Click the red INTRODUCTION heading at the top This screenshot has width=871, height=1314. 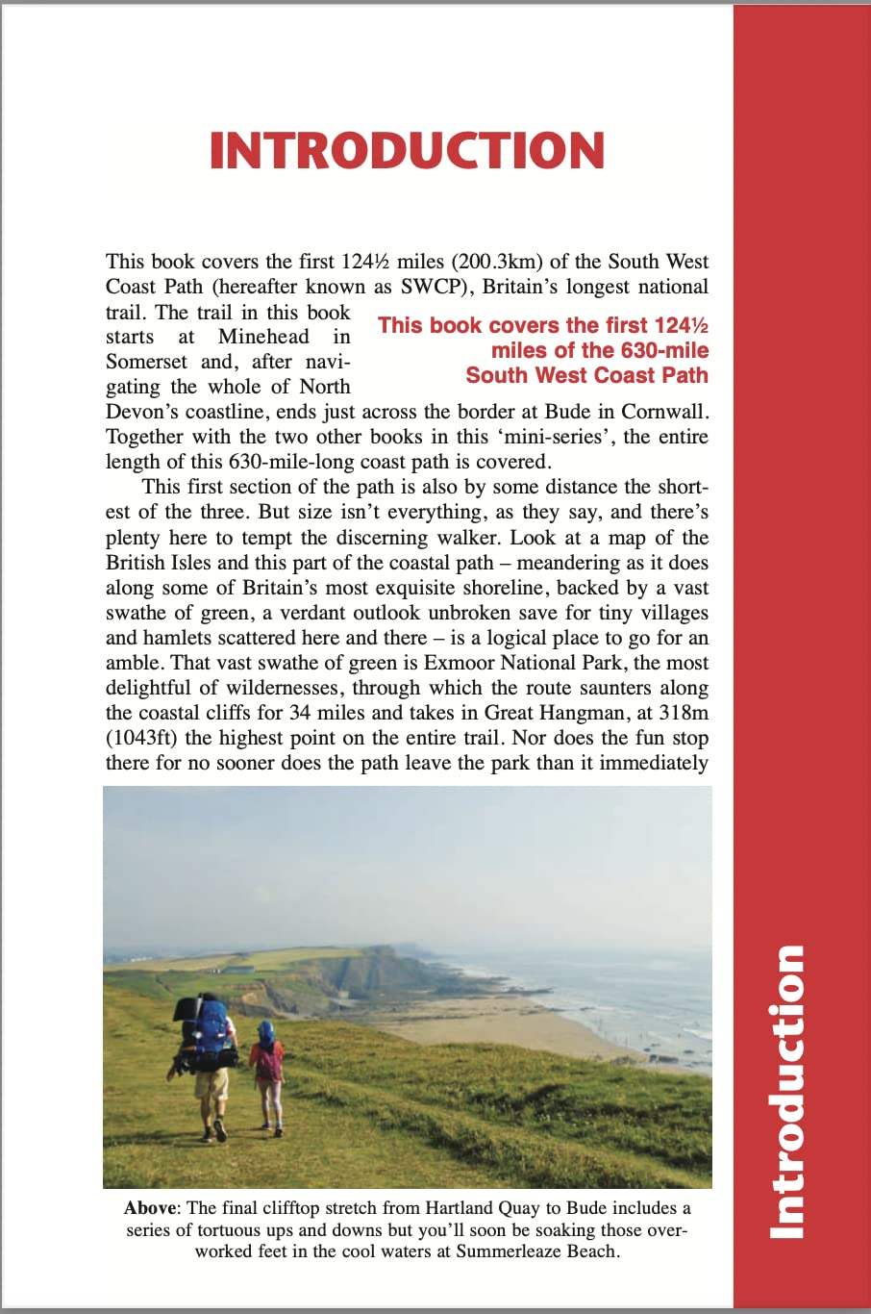point(407,151)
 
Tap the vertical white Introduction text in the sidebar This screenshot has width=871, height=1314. point(789,1092)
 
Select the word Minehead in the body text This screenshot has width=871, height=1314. point(263,337)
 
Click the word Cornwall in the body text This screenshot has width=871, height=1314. point(664,412)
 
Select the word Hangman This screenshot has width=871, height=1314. point(567,713)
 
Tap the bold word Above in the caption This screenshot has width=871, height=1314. point(151,1208)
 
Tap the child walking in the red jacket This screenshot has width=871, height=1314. point(266,1068)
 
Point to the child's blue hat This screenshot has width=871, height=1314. point(265,1032)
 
